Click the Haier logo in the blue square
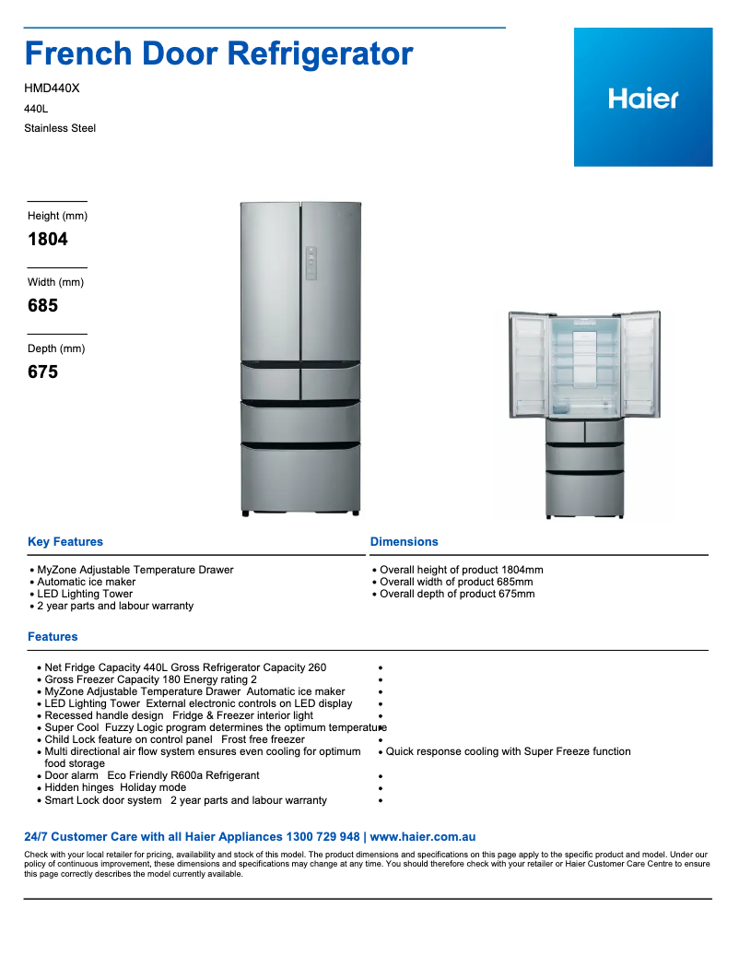[x=643, y=98]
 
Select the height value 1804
[x=48, y=239]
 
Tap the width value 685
[x=42, y=305]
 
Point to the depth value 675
[x=42, y=372]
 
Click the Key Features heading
[x=65, y=542]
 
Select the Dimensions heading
[x=405, y=542]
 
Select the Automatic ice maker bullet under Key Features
[x=87, y=582]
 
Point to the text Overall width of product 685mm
[x=456, y=582]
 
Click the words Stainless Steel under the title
[x=60, y=128]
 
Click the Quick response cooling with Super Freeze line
[x=508, y=751]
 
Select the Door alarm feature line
[x=72, y=775]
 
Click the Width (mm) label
[x=55, y=282]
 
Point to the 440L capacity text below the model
[x=36, y=109]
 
